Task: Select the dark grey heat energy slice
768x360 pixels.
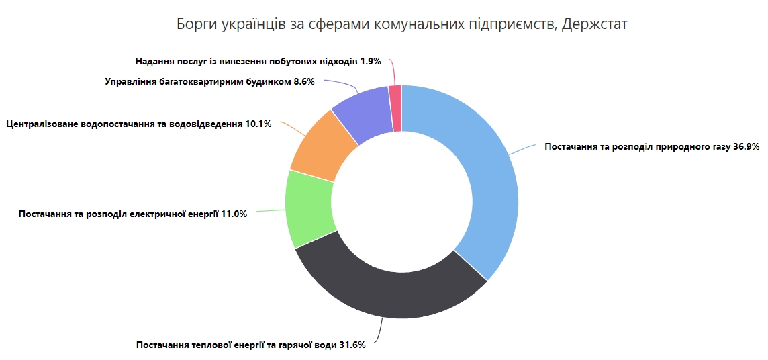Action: [x=389, y=296]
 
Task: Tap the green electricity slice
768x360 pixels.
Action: [x=309, y=208]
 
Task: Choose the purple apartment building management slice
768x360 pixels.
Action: [x=363, y=114]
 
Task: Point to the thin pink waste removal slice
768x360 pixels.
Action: [x=395, y=107]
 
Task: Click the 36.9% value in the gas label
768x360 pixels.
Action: [x=745, y=146]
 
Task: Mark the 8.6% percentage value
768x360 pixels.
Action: [x=304, y=82]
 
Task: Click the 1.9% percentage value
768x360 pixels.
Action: [x=371, y=61]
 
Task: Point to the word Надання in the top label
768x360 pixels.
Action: [x=153, y=61]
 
